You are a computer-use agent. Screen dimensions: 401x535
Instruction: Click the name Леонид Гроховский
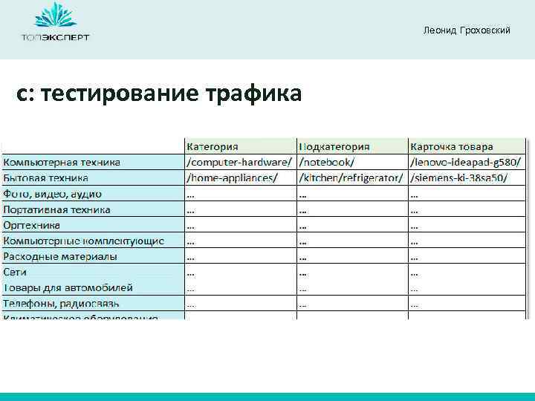[466, 30]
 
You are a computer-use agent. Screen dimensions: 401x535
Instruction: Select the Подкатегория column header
[334, 146]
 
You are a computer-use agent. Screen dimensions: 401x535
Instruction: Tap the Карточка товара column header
[451, 146]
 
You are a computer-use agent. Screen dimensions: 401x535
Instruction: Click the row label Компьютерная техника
[62, 162]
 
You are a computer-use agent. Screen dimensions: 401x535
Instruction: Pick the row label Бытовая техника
[46, 178]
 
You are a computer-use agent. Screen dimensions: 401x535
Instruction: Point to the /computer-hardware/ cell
[239, 162]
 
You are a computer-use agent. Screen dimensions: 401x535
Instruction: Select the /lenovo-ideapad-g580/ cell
[465, 162]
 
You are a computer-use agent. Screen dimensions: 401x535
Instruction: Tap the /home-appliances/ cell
[232, 178]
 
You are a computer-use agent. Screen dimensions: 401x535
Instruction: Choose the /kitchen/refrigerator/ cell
[350, 178]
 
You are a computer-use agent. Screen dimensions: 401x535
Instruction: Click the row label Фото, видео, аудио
[52, 194]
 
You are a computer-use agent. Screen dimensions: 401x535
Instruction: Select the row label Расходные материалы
[59, 256]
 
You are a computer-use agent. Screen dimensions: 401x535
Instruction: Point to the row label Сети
[16, 273]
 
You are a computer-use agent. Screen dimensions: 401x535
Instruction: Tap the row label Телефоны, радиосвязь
[61, 304]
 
